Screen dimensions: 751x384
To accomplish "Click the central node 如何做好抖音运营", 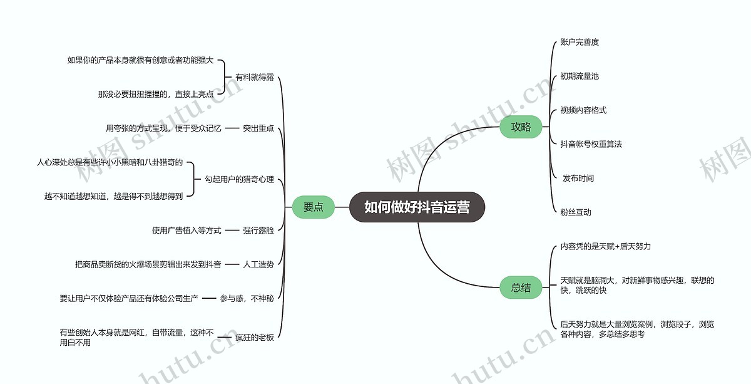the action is coord(417,207).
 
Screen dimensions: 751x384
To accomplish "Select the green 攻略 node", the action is coord(521,127).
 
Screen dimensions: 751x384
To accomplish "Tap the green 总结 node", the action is coord(521,288).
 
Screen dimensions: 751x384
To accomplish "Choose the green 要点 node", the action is coord(313,207).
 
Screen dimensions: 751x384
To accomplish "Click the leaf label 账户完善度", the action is coord(580,43).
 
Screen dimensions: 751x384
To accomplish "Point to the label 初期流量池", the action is coord(580,76).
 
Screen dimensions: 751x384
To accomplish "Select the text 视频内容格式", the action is coord(583,110).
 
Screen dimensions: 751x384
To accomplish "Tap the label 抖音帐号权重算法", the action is coord(591,144).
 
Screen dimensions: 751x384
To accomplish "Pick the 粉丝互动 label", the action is coord(576,212).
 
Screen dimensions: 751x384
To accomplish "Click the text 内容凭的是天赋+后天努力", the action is coord(605,247).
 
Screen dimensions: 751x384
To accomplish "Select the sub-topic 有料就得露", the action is coord(255,78).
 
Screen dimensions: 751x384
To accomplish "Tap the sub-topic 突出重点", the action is coord(258,128).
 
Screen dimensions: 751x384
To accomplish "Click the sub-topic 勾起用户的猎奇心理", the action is coord(239,180).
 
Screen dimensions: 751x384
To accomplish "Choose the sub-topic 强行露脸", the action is coord(258,231).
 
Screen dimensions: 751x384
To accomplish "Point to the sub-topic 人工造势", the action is coord(258,264).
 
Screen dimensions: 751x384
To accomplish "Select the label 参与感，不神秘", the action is coord(247,299).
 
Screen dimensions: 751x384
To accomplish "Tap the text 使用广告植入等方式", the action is coord(186,231).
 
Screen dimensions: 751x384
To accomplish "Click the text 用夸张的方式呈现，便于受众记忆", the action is coord(163,128).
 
